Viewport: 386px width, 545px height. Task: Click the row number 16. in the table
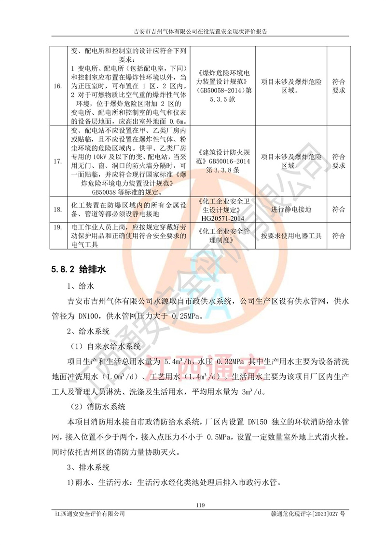[x=57, y=86]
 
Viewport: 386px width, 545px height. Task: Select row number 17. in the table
[x=57, y=162]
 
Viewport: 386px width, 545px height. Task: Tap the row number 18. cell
[x=57, y=210]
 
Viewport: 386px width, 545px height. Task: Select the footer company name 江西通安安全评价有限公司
[x=90, y=515]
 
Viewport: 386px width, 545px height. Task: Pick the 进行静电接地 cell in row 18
[x=291, y=210]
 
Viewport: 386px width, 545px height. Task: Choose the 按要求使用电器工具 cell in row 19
[x=291, y=236]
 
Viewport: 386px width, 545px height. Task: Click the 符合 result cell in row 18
[x=339, y=210]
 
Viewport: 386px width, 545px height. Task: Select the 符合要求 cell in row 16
[x=339, y=86]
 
